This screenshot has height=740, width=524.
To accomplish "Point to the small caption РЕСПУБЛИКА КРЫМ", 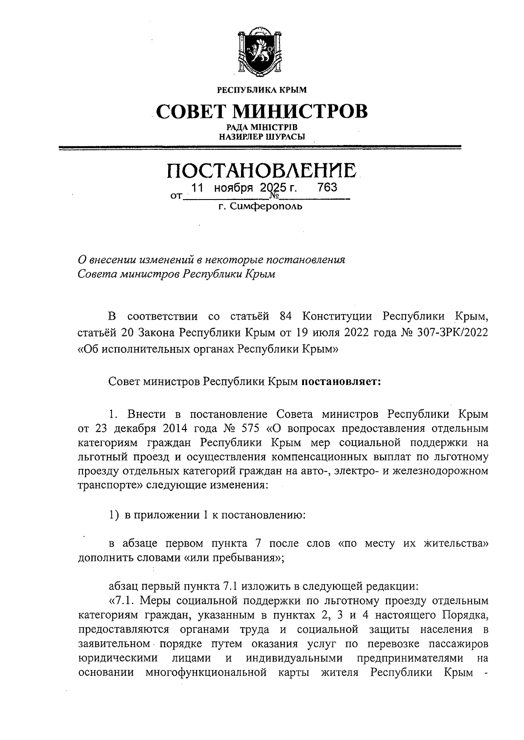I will [x=262, y=90].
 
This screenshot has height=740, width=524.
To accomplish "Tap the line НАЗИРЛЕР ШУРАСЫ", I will [x=262, y=137].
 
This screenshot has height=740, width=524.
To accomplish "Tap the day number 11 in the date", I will [x=198, y=188].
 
